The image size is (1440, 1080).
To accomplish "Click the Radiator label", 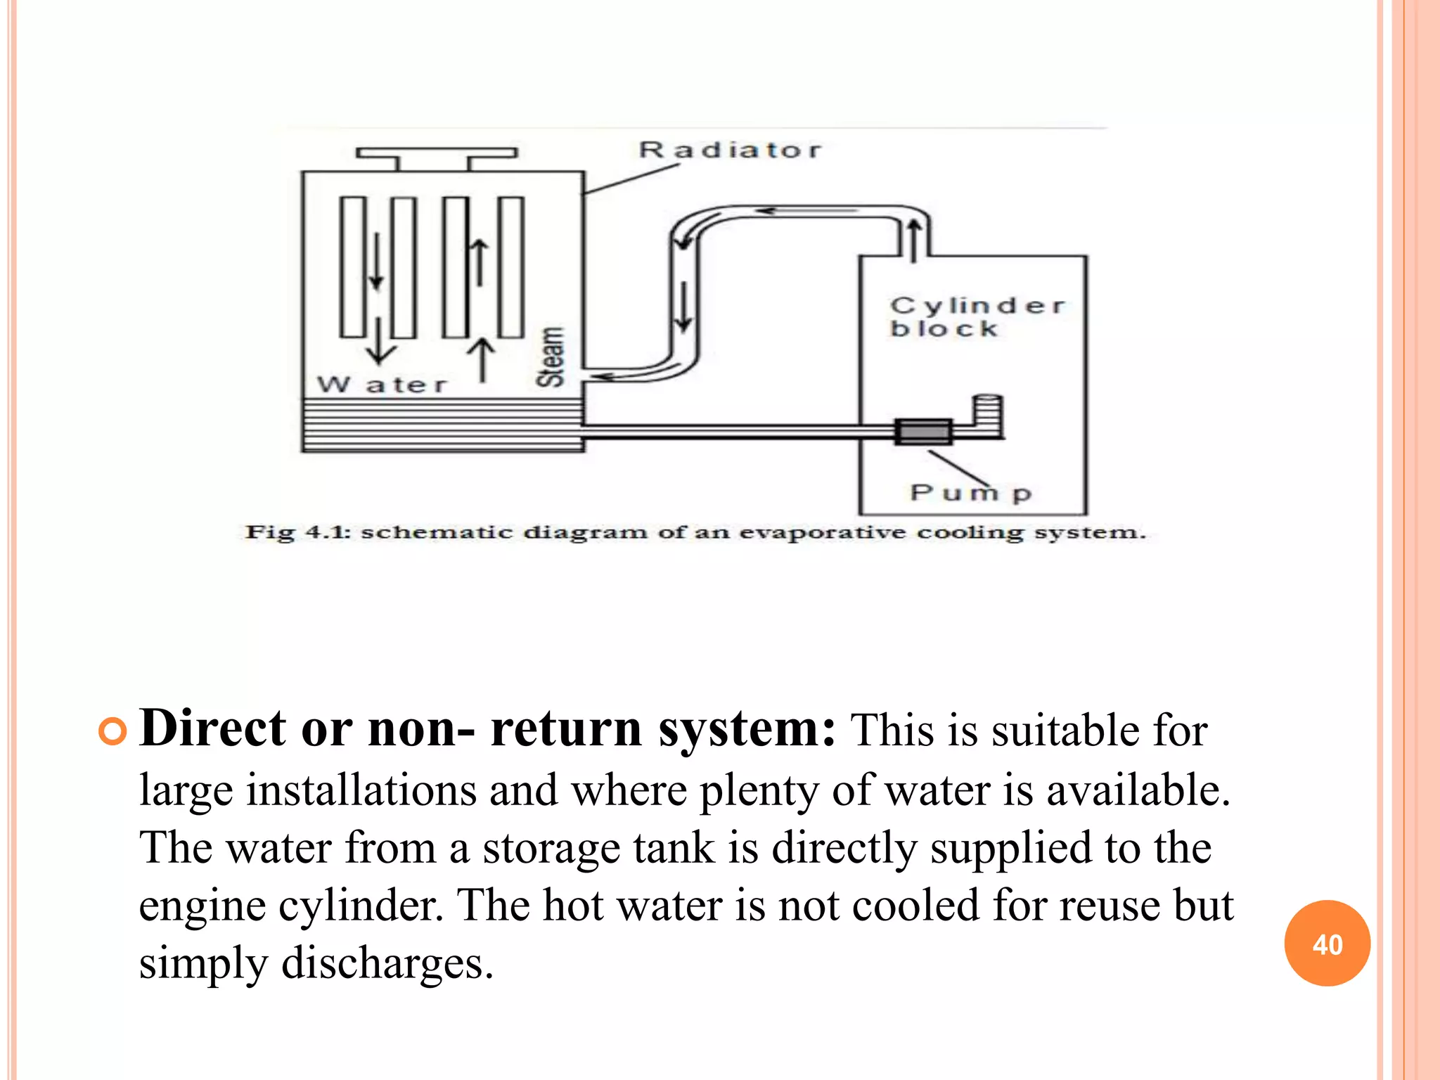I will tap(729, 150).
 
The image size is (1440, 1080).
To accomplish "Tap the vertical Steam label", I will tap(551, 356).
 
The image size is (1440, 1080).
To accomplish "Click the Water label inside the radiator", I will tap(382, 385).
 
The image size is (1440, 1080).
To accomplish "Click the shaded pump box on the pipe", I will tap(923, 431).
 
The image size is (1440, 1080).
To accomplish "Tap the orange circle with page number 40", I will tap(1327, 944).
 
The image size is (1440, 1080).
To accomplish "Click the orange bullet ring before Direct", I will tap(112, 732).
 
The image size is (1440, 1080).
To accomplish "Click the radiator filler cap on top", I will tap(436, 153).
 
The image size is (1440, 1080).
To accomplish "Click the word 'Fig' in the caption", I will tap(269, 532).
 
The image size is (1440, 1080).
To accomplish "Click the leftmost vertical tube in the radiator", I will tap(353, 267).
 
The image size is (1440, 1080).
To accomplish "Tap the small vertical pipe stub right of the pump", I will tap(987, 415).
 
